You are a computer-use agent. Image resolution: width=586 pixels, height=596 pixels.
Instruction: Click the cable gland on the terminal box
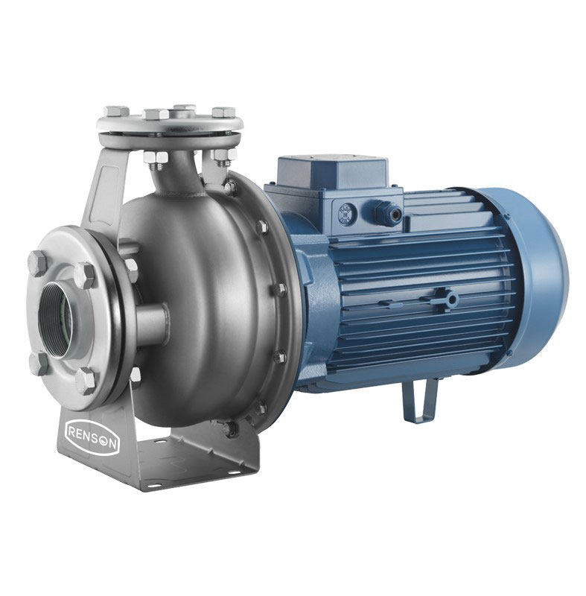[388, 210]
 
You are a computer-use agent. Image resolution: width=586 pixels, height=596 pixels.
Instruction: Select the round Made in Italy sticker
[347, 213]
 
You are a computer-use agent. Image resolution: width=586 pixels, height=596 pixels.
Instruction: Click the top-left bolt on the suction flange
[37, 263]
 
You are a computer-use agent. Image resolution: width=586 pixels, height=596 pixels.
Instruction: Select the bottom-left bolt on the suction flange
[39, 364]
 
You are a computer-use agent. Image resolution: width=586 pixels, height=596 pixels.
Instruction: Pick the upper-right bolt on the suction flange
[84, 275]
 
